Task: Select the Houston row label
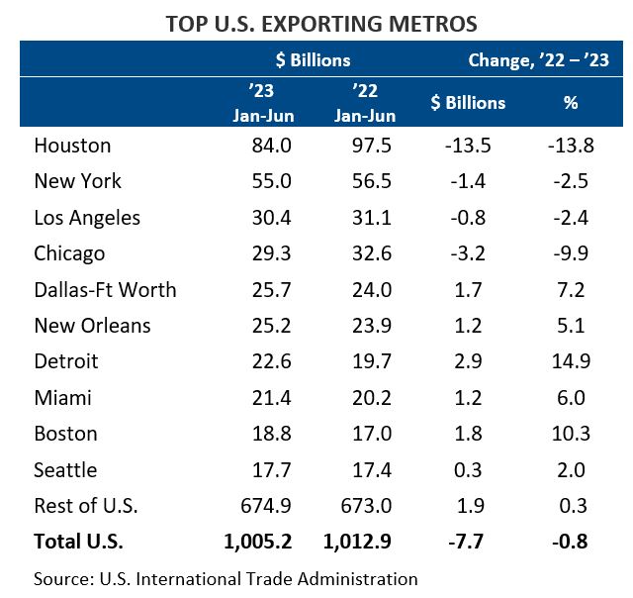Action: coord(72,146)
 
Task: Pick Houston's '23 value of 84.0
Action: coord(270,146)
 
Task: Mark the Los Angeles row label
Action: coord(87,218)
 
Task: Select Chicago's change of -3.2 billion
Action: coord(468,253)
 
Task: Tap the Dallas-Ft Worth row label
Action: coord(105,289)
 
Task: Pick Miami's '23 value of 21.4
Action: coord(270,398)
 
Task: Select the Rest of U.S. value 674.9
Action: coord(267,506)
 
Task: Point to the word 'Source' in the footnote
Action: coord(60,578)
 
